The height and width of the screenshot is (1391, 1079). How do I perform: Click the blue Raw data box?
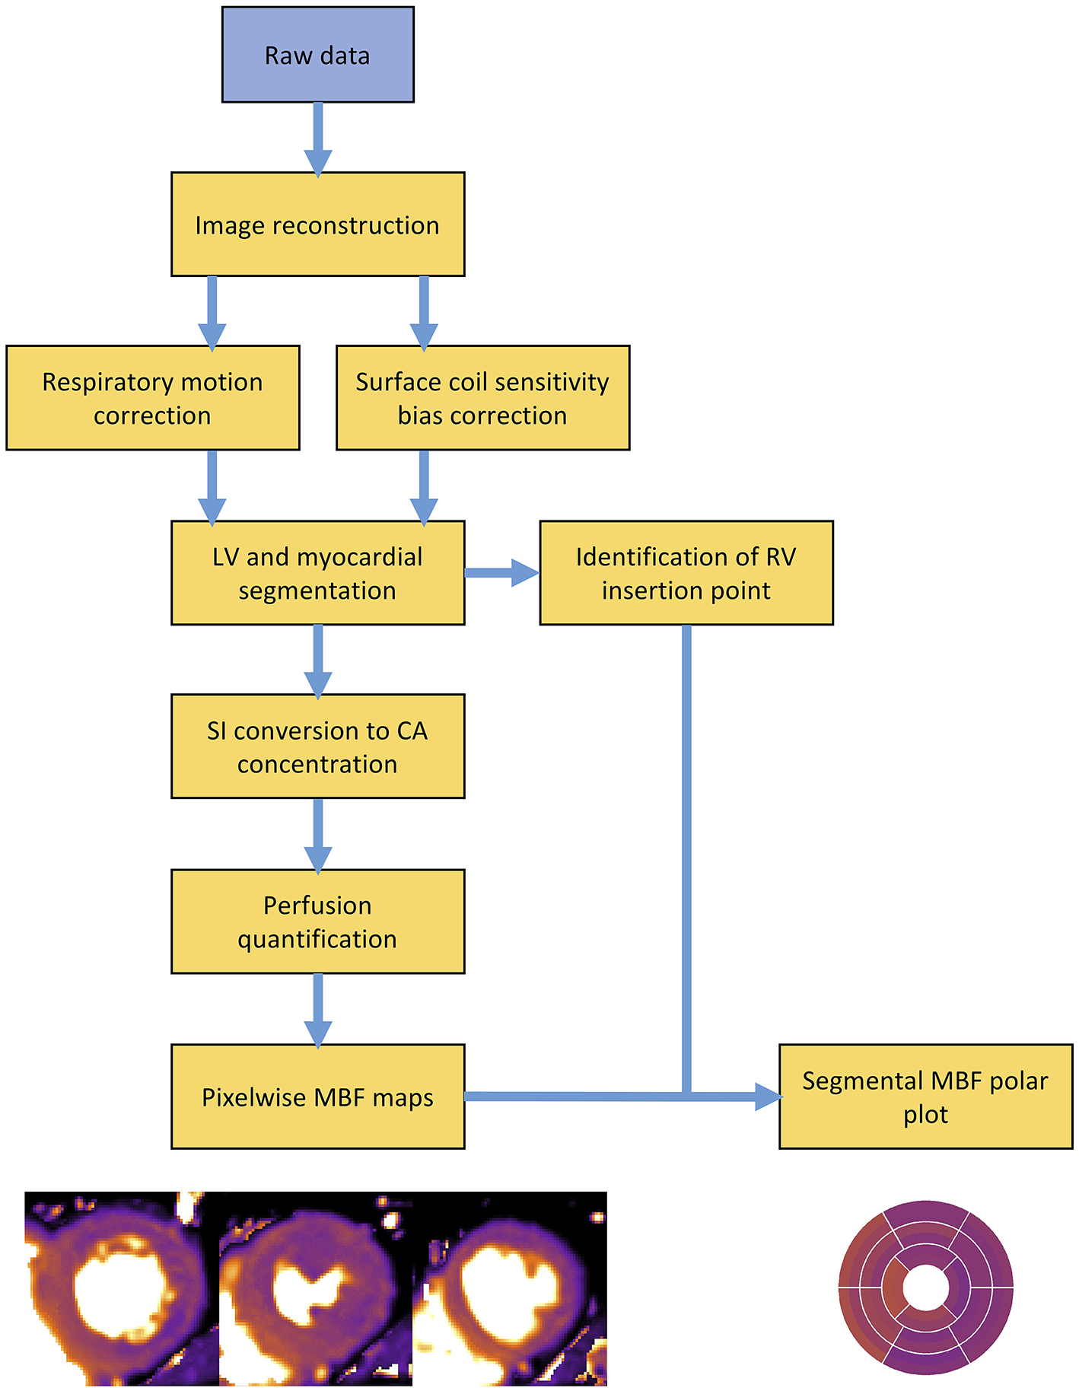pyautogui.click(x=317, y=55)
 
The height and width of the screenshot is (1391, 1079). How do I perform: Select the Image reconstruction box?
pyautogui.click(x=317, y=224)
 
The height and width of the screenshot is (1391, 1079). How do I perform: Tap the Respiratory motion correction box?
pyautogui.click(x=152, y=398)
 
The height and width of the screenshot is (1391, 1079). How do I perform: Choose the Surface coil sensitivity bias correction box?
pyautogui.click(x=482, y=398)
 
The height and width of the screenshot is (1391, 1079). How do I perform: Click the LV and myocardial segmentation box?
pyautogui.click(x=317, y=573)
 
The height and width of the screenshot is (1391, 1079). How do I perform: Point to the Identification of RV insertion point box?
pyautogui.click(x=686, y=573)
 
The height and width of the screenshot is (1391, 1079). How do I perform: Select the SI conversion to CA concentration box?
pyautogui.click(x=317, y=746)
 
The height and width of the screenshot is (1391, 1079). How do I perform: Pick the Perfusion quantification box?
pyautogui.click(x=317, y=921)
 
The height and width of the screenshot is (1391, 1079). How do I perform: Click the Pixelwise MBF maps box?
pyautogui.click(x=317, y=1097)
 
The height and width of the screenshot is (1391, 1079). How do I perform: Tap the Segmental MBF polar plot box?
pyautogui.click(x=925, y=1097)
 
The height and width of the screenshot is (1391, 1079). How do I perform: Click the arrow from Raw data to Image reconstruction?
pyautogui.click(x=317, y=137)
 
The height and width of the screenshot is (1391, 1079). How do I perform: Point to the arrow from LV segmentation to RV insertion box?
pyautogui.click(x=502, y=572)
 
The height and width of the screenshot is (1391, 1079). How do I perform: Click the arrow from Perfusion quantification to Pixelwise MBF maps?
pyautogui.click(x=317, y=1009)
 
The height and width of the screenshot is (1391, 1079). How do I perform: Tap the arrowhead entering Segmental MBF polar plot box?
pyautogui.click(x=767, y=1097)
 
